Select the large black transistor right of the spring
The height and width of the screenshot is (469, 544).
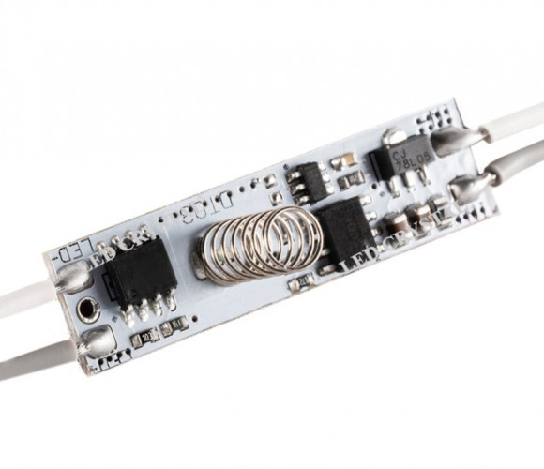click(x=345, y=228)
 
